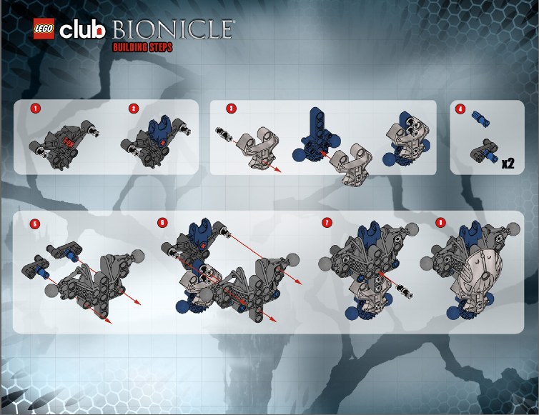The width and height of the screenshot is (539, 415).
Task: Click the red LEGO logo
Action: click(x=44, y=29)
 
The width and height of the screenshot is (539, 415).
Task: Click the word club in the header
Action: click(x=82, y=30)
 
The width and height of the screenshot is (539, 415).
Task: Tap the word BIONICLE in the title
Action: click(x=172, y=29)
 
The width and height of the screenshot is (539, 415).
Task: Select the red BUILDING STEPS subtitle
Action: click(x=143, y=47)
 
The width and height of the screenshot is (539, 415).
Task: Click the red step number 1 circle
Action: click(x=36, y=109)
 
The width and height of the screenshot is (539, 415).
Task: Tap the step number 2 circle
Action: click(x=134, y=109)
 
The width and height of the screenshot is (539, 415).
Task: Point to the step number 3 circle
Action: click(x=231, y=109)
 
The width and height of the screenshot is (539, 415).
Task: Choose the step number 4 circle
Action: click(x=460, y=109)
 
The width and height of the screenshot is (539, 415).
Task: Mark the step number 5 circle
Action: click(x=35, y=224)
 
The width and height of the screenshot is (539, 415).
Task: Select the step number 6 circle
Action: click(x=162, y=223)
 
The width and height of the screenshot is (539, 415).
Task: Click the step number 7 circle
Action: click(x=327, y=223)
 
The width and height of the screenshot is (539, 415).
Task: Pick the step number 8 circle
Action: click(x=440, y=223)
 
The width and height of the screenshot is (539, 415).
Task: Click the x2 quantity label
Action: click(x=508, y=163)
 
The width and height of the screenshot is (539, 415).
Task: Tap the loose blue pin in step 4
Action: click(x=480, y=119)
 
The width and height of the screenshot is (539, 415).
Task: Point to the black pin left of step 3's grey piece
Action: click(x=224, y=134)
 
